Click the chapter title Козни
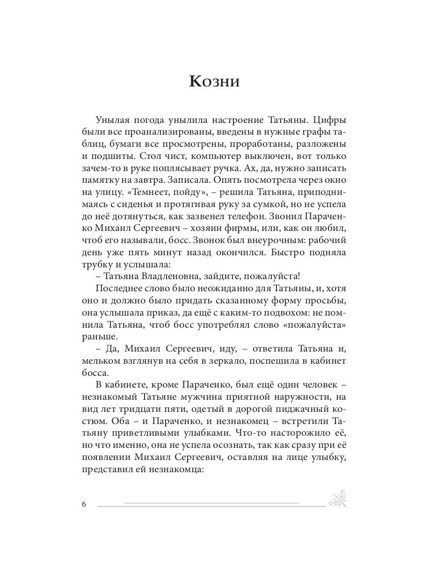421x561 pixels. tap(214, 81)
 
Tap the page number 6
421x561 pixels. tap(84, 504)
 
